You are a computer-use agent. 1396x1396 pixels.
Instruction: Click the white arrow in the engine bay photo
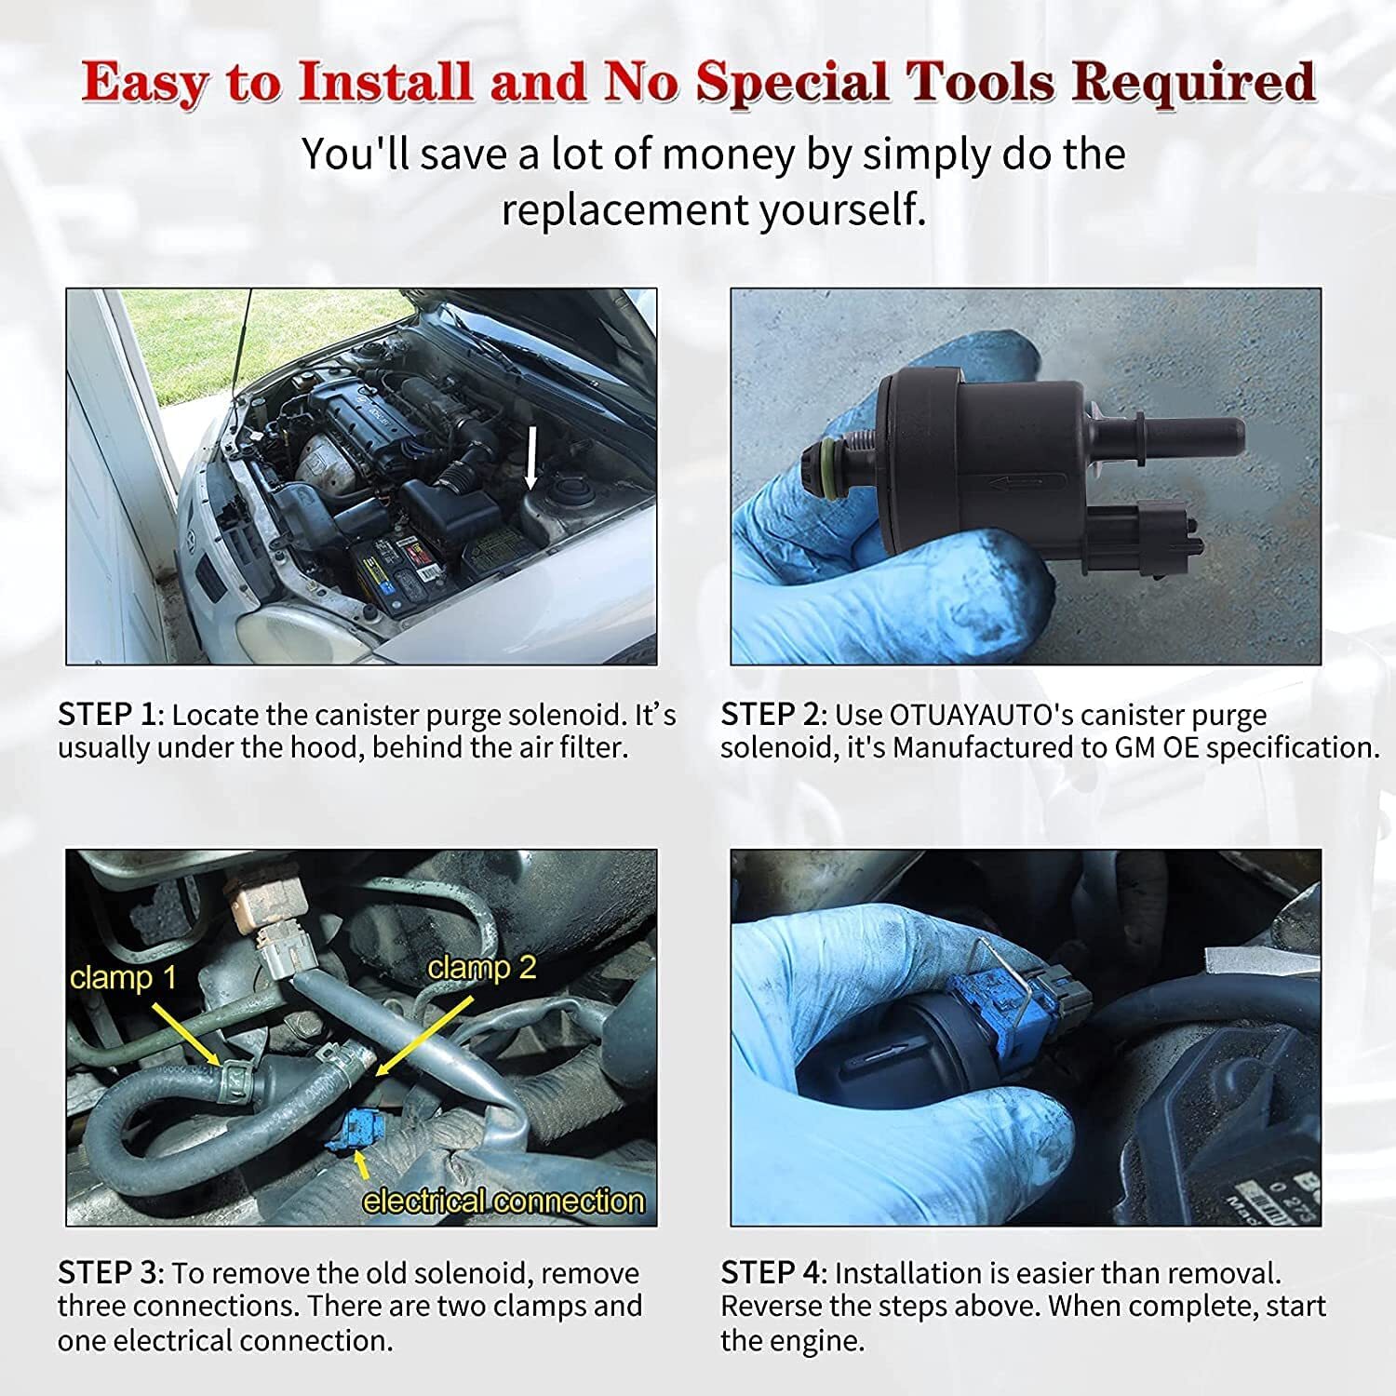pos(531,459)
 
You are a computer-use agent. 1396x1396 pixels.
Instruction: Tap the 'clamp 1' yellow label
pos(123,978)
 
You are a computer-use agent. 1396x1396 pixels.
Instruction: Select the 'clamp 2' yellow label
pos(482,968)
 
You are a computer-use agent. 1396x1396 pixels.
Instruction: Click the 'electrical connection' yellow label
pos(503,1201)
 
